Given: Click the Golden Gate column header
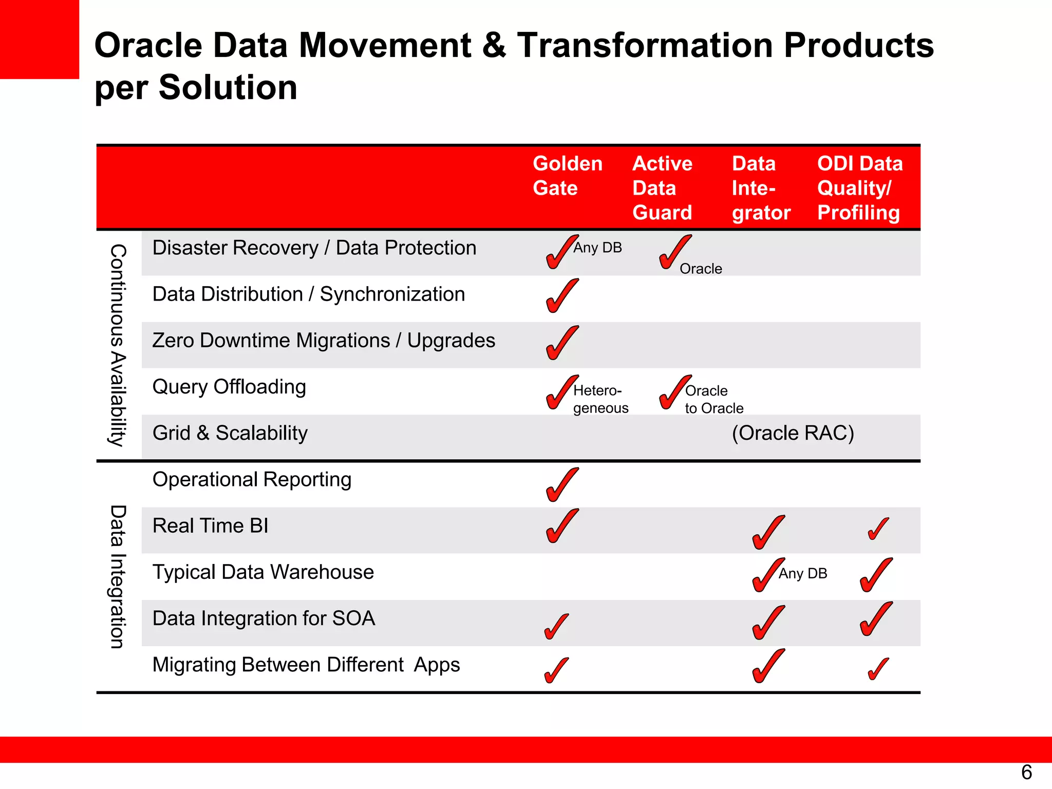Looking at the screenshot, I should tap(567, 176).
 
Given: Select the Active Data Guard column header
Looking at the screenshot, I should tap(662, 188).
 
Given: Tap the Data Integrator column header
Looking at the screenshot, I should tap(761, 188).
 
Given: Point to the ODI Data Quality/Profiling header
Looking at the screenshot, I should tap(859, 188).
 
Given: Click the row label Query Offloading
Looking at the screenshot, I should tap(229, 387).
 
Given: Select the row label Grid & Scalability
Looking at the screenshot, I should tap(230, 433).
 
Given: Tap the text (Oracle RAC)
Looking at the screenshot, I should tap(793, 433).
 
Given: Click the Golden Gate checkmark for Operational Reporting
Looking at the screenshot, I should tap(561, 484).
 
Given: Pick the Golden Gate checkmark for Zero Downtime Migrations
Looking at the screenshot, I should tap(561, 343).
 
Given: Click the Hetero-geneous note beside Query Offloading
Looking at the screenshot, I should tap(600, 399).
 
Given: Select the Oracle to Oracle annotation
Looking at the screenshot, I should tap(713, 399).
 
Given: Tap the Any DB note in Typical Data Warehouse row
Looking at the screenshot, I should tap(802, 573).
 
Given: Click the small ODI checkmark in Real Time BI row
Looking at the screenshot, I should tap(878, 529).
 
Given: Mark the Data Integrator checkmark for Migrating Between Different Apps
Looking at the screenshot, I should tap(768, 666).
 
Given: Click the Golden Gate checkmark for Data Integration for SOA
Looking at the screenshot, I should tap(556, 626).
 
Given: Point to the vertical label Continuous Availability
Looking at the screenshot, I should tap(118, 345).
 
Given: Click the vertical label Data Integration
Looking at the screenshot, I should tap(118, 577).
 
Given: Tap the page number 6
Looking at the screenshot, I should tap(1026, 773).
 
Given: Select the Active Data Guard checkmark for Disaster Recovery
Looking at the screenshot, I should tap(674, 252).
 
